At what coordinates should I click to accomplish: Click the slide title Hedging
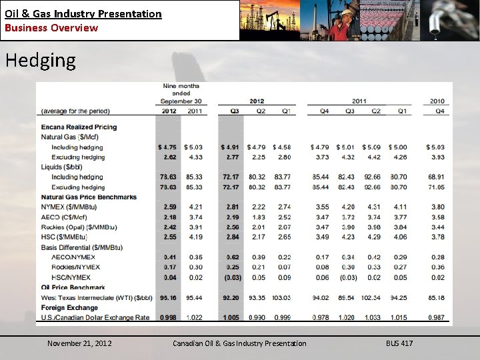pyautogui.click(x=41, y=61)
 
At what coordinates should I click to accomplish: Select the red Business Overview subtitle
pyautogui.click(x=51, y=28)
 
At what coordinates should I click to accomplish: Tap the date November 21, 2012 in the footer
pyautogui.click(x=79, y=343)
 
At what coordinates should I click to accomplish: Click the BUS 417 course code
pyautogui.click(x=399, y=343)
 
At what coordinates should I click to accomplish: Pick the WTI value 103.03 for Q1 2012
pyautogui.click(x=282, y=297)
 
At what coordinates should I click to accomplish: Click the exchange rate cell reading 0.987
pyautogui.click(x=437, y=317)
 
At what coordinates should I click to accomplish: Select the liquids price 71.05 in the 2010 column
pyautogui.click(x=437, y=187)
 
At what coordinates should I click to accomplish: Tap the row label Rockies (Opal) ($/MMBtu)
pyautogui.click(x=79, y=227)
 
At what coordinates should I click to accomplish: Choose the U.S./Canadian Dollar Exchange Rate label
pyautogui.click(x=95, y=317)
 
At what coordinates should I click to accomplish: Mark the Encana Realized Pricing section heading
pyautogui.click(x=79, y=127)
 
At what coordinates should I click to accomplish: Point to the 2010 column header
pyautogui.click(x=437, y=101)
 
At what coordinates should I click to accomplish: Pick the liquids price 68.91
pyautogui.click(x=437, y=177)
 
